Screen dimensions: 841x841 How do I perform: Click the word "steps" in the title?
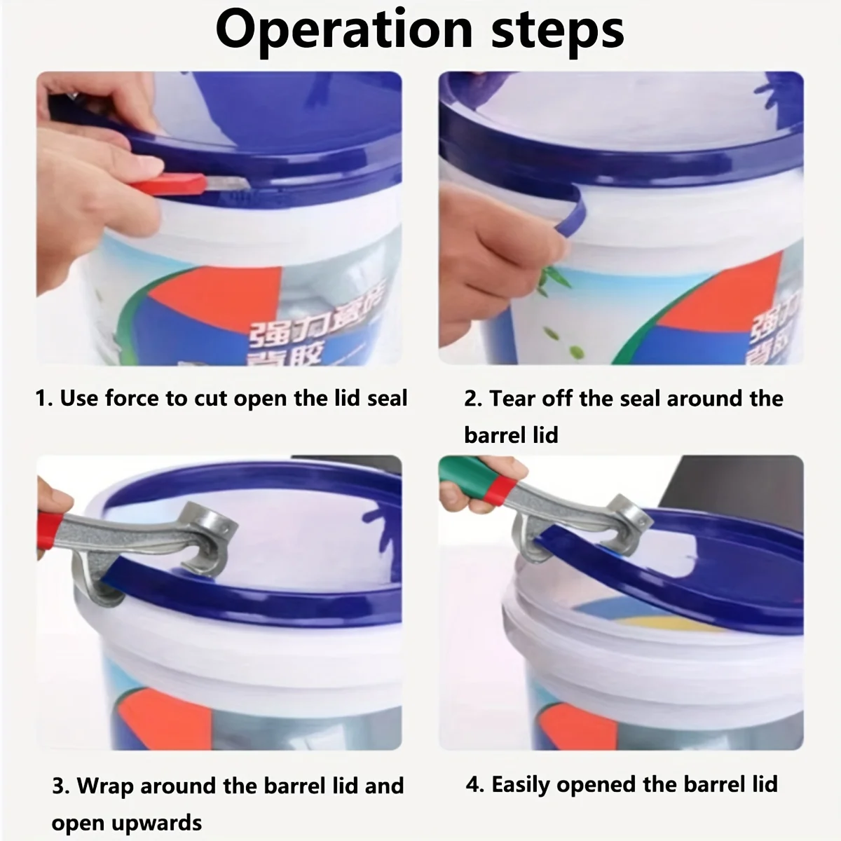pyautogui.click(x=557, y=29)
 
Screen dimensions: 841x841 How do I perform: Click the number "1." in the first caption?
pyautogui.click(x=44, y=399)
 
